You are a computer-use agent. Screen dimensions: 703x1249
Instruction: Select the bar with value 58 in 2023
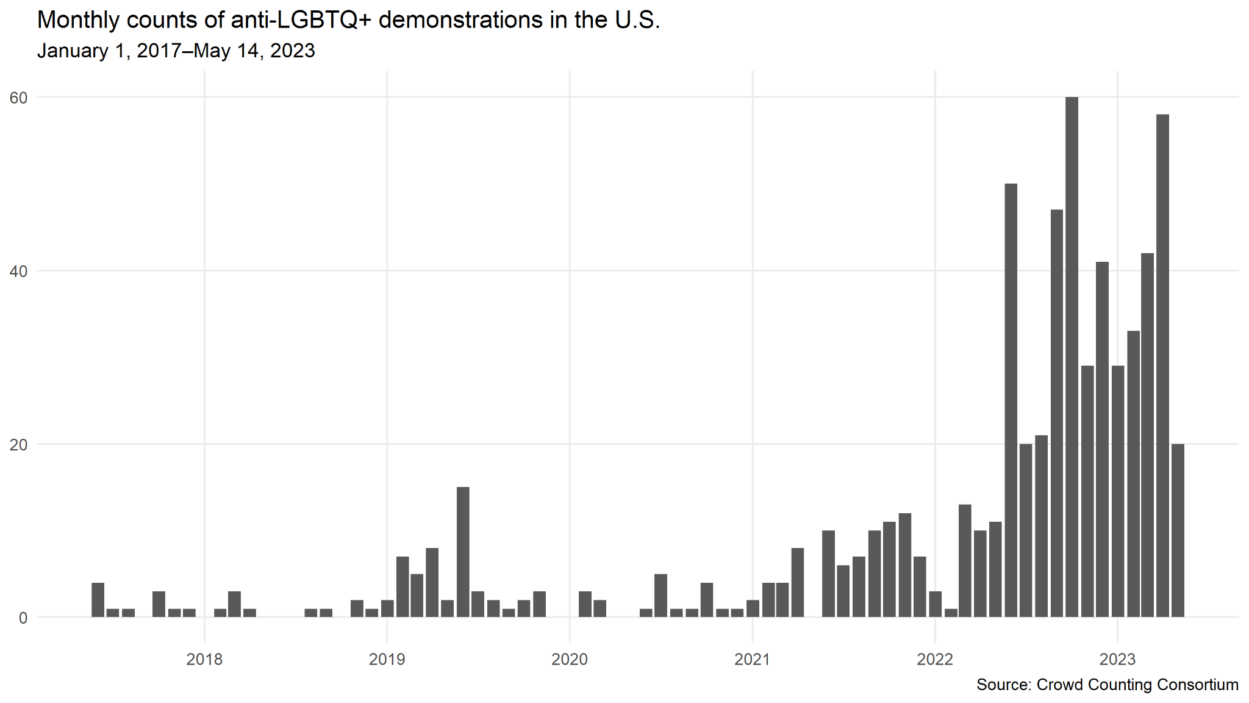1162,366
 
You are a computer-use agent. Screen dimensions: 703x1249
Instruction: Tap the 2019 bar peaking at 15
463,552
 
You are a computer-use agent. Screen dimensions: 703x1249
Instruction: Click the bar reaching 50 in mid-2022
1011,400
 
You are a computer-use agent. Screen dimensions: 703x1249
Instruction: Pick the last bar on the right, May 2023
1178,530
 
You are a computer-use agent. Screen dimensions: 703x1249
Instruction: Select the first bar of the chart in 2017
98,600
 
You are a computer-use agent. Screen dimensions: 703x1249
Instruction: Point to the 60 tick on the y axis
19,98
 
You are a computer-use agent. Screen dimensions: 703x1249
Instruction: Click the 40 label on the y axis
19,271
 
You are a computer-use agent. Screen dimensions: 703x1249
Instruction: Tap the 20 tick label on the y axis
19,445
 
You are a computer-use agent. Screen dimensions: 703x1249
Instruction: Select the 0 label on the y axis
23,618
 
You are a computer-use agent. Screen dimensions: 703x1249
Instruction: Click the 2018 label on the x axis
204,659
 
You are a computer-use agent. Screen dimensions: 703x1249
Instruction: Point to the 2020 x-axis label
570,659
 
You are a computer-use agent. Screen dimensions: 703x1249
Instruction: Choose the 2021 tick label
752,659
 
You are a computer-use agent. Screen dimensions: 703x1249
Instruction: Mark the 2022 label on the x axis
934,659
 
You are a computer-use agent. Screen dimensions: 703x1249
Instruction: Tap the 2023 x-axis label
1117,659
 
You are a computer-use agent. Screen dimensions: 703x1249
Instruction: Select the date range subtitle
176,51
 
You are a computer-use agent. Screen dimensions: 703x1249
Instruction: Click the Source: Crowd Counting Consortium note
1107,685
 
